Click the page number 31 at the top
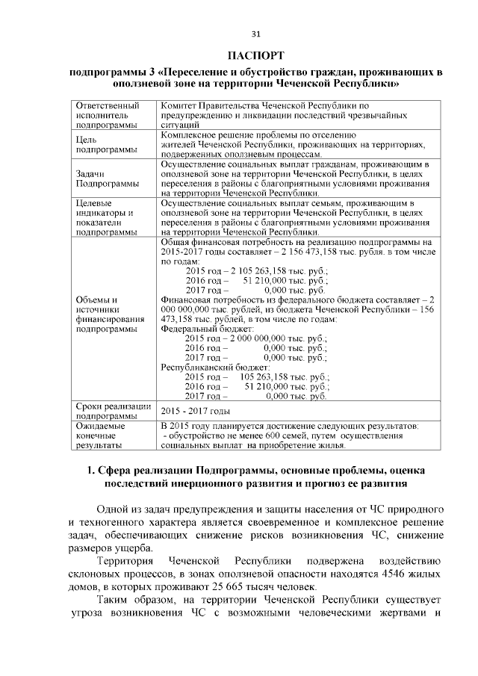[255, 34]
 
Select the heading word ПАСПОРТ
[255, 56]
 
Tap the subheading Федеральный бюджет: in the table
[207, 329]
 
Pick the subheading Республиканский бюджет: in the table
[214, 368]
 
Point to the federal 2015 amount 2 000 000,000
[261, 338]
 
